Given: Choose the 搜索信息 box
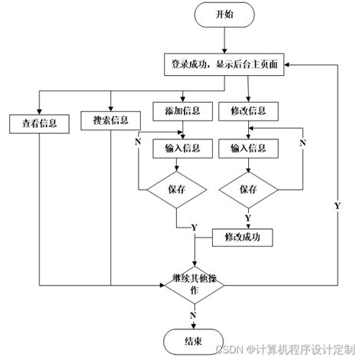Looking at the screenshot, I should [111, 120].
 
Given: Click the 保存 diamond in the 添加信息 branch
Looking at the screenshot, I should [177, 188].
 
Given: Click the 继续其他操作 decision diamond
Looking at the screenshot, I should [194, 285].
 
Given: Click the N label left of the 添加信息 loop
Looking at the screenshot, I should [138, 142].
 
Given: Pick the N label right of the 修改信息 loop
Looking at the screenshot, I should [302, 142].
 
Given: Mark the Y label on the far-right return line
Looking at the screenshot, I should [337, 207].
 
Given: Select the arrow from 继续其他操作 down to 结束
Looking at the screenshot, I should [195, 316].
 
